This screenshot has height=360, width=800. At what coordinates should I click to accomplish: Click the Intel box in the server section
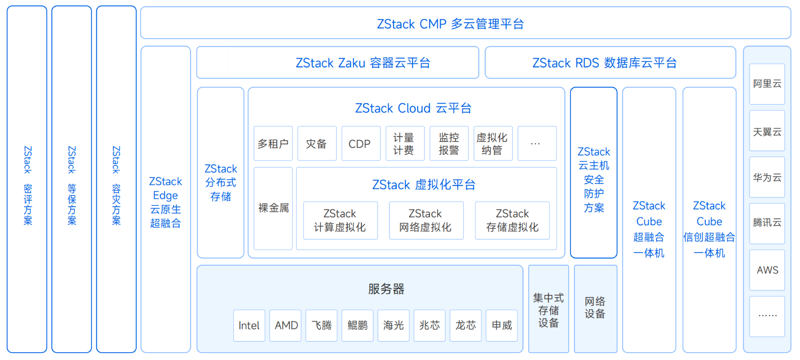click(249, 325)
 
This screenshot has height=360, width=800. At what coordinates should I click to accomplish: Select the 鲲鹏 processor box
click(357, 325)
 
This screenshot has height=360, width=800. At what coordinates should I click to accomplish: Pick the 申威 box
click(502, 325)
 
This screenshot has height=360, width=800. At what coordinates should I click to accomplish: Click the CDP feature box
click(361, 144)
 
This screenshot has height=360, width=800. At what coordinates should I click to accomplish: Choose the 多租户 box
click(273, 144)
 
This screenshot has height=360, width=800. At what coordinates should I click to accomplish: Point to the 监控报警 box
click(449, 144)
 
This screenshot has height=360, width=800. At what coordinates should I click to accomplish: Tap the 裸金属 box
click(273, 208)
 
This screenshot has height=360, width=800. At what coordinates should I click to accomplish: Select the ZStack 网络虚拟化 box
click(426, 220)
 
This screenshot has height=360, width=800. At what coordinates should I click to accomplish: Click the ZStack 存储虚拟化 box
click(512, 220)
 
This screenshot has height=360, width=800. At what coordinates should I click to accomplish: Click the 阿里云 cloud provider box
click(767, 84)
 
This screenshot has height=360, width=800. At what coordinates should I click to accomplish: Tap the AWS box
click(767, 270)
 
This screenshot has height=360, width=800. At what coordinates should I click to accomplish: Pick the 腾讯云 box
click(767, 223)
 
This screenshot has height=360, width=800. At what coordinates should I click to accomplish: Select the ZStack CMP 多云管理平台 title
click(450, 24)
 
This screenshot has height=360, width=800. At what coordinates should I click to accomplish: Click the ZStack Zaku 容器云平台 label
click(363, 63)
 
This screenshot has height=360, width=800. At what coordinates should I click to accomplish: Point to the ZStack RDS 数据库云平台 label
click(604, 63)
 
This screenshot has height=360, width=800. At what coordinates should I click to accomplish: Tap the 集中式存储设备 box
click(548, 310)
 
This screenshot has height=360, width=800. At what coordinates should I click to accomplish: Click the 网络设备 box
click(595, 308)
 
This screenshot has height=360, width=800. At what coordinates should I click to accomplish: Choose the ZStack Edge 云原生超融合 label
click(166, 202)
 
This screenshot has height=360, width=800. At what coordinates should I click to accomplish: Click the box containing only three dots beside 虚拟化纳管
click(537, 144)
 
